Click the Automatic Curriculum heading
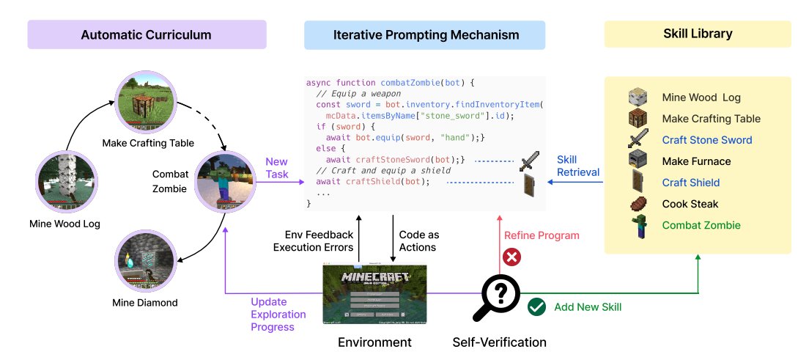pyautogui.click(x=146, y=34)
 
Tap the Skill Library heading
pyautogui.click(x=697, y=34)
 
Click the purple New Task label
pyautogui.click(x=277, y=168)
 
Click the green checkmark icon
pyautogui.click(x=537, y=307)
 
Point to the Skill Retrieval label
pyautogui.click(x=577, y=166)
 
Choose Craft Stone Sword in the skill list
pyautogui.click(x=706, y=140)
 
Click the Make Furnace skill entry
pyautogui.click(x=696, y=161)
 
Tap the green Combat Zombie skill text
pyautogui.click(x=701, y=225)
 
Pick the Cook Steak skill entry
pyautogui.click(x=690, y=204)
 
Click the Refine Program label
pyautogui.click(x=542, y=235)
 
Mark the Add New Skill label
pyautogui.click(x=588, y=307)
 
